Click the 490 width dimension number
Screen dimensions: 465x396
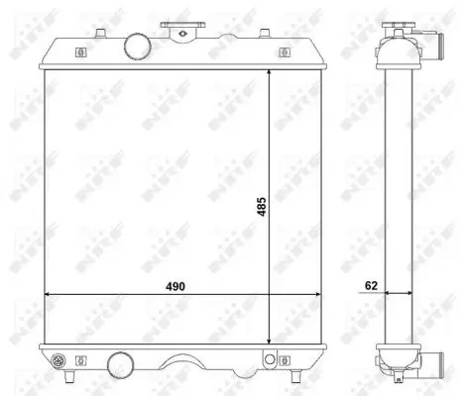click(175, 286)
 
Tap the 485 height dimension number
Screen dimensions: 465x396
click(262, 207)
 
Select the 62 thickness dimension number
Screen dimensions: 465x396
click(371, 285)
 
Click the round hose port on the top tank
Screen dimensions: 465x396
click(138, 47)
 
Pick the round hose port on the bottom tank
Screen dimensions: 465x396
click(121, 365)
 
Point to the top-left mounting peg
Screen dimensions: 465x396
click(100, 34)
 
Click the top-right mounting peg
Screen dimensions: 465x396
click(265, 34)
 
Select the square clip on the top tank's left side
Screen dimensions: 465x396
click(81, 52)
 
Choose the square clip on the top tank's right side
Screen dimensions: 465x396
click(285, 52)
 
